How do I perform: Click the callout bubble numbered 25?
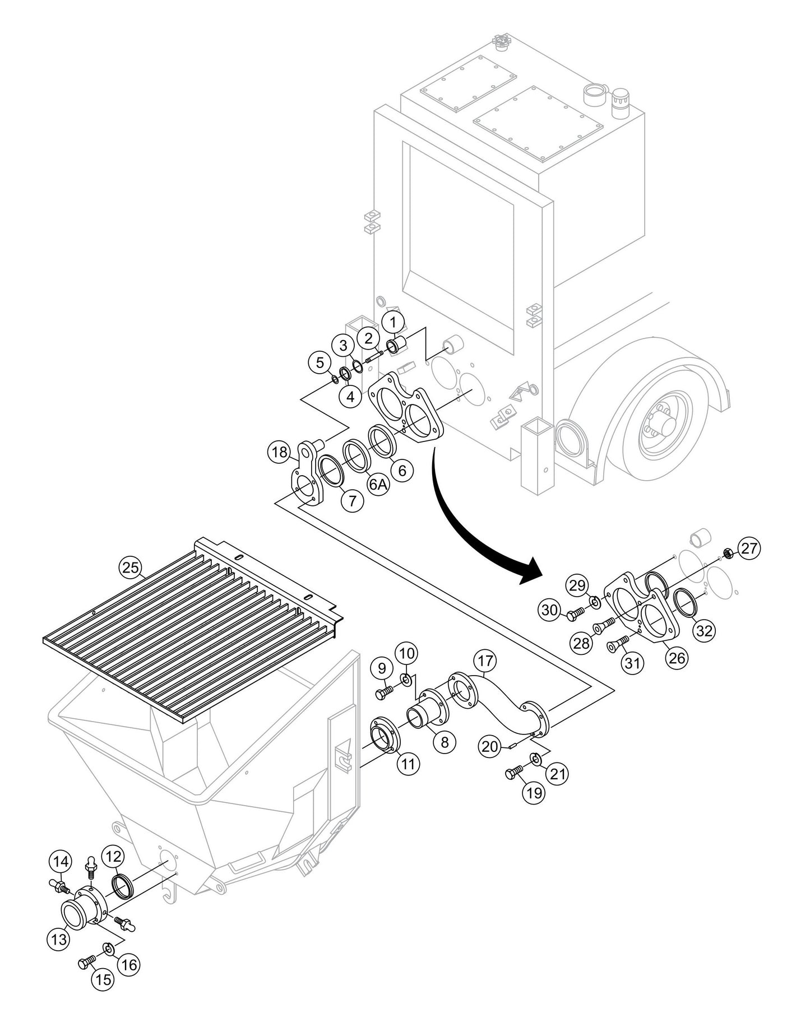click(x=131, y=567)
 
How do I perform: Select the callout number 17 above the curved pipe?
click(x=485, y=661)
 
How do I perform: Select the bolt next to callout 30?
click(x=573, y=615)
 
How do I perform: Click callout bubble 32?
click(x=704, y=631)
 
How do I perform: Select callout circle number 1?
click(x=393, y=322)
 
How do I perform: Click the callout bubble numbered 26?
click(x=677, y=658)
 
